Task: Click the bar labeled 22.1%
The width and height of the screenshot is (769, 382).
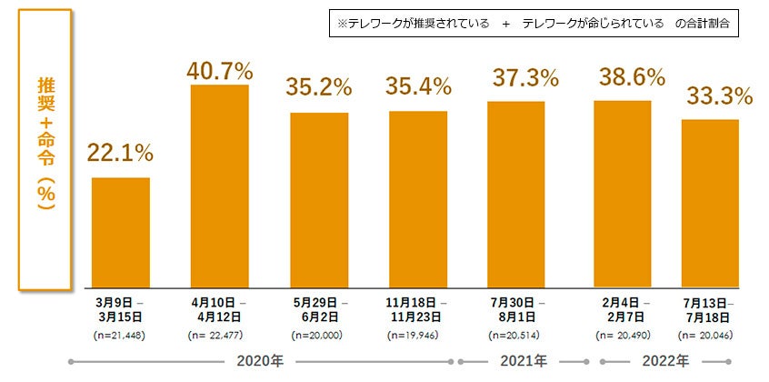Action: [x=121, y=232]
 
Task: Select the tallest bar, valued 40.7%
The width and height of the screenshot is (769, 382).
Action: [x=219, y=186]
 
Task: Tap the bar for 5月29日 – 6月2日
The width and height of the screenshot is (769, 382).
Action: [x=319, y=200]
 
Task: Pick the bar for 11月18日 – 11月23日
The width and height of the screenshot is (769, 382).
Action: [x=418, y=199]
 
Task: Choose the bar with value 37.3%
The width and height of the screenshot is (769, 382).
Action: [x=516, y=195]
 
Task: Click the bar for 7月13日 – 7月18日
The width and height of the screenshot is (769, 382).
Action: [x=710, y=204]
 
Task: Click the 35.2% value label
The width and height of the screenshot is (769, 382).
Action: [x=319, y=87]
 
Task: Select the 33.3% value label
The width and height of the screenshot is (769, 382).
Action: [x=719, y=95]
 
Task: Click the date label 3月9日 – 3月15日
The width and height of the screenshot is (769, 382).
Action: [x=121, y=309]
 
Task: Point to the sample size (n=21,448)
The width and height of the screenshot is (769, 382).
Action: [x=121, y=336]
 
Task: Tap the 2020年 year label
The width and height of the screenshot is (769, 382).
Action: [x=262, y=362]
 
